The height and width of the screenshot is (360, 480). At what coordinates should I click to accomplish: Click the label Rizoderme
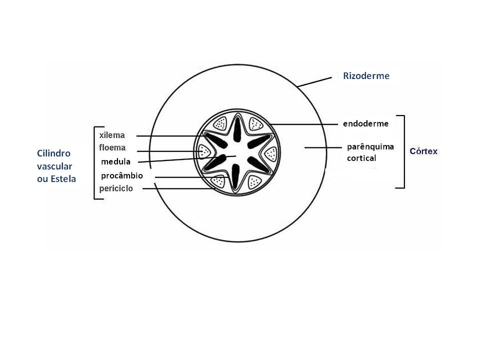point(366,75)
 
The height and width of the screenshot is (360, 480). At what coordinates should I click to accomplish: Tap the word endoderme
point(366,123)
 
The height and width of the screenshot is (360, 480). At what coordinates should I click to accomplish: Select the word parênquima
point(370,147)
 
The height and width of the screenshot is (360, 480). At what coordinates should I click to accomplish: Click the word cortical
point(361,158)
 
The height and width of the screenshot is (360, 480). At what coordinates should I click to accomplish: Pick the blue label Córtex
point(423,151)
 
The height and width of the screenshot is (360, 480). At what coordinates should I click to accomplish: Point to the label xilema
point(112,135)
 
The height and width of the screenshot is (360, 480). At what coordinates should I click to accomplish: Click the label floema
point(112,147)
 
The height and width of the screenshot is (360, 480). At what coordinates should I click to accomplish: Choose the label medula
point(115,161)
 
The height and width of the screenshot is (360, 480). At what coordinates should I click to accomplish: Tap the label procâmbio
point(122,175)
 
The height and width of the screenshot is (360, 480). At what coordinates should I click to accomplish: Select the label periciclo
point(116,188)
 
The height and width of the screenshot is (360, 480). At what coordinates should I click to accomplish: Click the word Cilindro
point(53,153)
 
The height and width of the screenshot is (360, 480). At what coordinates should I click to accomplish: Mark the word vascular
point(54,166)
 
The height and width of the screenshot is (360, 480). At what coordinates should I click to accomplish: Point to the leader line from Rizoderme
point(314,82)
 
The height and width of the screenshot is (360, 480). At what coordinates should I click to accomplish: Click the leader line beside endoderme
point(304,124)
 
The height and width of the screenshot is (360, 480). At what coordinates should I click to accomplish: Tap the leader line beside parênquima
point(323,147)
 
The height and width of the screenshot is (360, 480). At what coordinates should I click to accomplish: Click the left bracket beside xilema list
point(98,163)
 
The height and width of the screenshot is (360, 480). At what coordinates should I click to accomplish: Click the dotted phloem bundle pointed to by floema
point(204,151)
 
